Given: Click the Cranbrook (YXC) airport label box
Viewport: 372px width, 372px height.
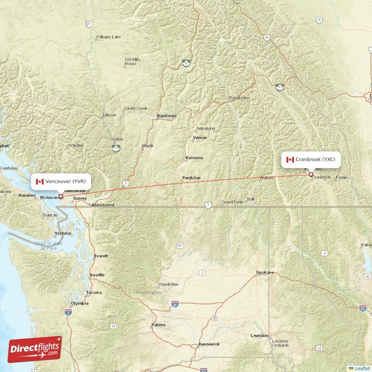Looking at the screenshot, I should pos(311,159).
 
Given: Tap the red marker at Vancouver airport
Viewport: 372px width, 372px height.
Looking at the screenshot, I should pos(60,197).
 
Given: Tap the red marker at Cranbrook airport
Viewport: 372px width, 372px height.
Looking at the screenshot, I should pos(311,175).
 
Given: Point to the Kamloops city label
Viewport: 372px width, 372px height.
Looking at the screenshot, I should pos(166,115).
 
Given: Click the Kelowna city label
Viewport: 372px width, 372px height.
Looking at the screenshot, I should pos(194,158).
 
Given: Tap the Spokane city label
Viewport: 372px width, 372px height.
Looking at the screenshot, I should pos(265,272).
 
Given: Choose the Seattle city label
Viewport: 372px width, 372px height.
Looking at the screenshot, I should pos(97,275).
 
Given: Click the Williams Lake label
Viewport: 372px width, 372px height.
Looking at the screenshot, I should pos(108,37).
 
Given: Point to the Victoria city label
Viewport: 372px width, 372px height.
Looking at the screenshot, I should pos(63,232).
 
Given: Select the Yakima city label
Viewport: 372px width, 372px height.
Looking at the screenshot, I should pos(158,325).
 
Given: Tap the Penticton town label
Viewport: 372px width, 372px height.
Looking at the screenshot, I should pos(191,178).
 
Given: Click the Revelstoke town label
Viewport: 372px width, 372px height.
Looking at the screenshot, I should pos(239,98).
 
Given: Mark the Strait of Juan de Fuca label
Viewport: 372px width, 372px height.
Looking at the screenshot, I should pos(48,246).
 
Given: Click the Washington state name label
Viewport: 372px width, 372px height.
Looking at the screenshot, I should pos(148,292).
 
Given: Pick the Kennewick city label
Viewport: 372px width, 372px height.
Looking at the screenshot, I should pos(208,345).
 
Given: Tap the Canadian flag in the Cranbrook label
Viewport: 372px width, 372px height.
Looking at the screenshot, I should pos(290,159).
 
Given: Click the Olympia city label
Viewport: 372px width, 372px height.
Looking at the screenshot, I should pos(79,303).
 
